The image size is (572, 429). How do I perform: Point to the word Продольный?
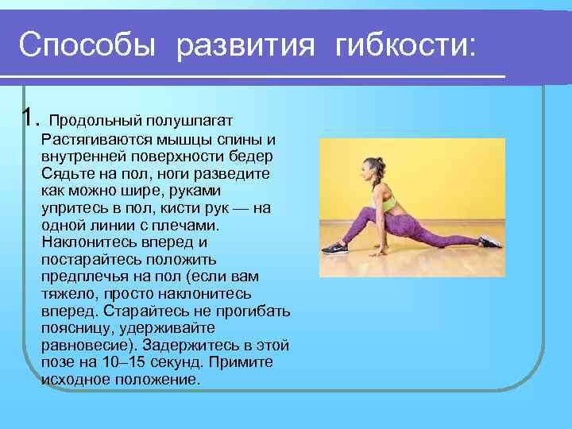point(95,121)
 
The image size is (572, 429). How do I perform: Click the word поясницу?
point(77,327)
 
